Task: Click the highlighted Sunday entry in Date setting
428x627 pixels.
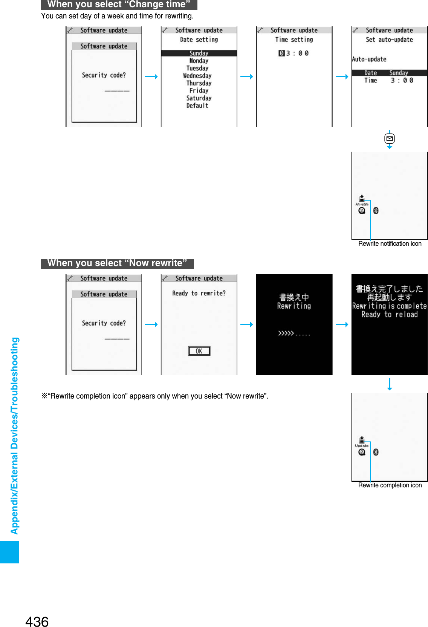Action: (x=199, y=53)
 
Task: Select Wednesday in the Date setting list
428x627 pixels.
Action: (x=197, y=76)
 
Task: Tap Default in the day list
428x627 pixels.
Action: (x=197, y=106)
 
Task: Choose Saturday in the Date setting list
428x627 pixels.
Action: (x=199, y=98)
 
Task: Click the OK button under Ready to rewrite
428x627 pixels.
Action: (x=199, y=351)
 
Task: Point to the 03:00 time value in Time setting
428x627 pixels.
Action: (x=294, y=53)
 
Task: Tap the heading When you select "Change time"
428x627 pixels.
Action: (x=119, y=5)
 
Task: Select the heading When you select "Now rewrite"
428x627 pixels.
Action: (x=117, y=263)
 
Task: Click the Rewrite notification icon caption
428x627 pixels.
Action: (x=390, y=244)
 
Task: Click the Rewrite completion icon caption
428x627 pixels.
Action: (x=390, y=485)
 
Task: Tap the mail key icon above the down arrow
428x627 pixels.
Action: (x=390, y=139)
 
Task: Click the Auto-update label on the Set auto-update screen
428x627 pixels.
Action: (x=369, y=59)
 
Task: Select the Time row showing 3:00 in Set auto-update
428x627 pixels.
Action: (x=389, y=81)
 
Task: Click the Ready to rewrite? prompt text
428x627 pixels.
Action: (x=199, y=293)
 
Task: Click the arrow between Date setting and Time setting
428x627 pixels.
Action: (x=246, y=77)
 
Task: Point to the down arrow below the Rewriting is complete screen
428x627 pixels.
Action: (x=390, y=384)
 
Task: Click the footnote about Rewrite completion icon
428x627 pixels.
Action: (x=155, y=396)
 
